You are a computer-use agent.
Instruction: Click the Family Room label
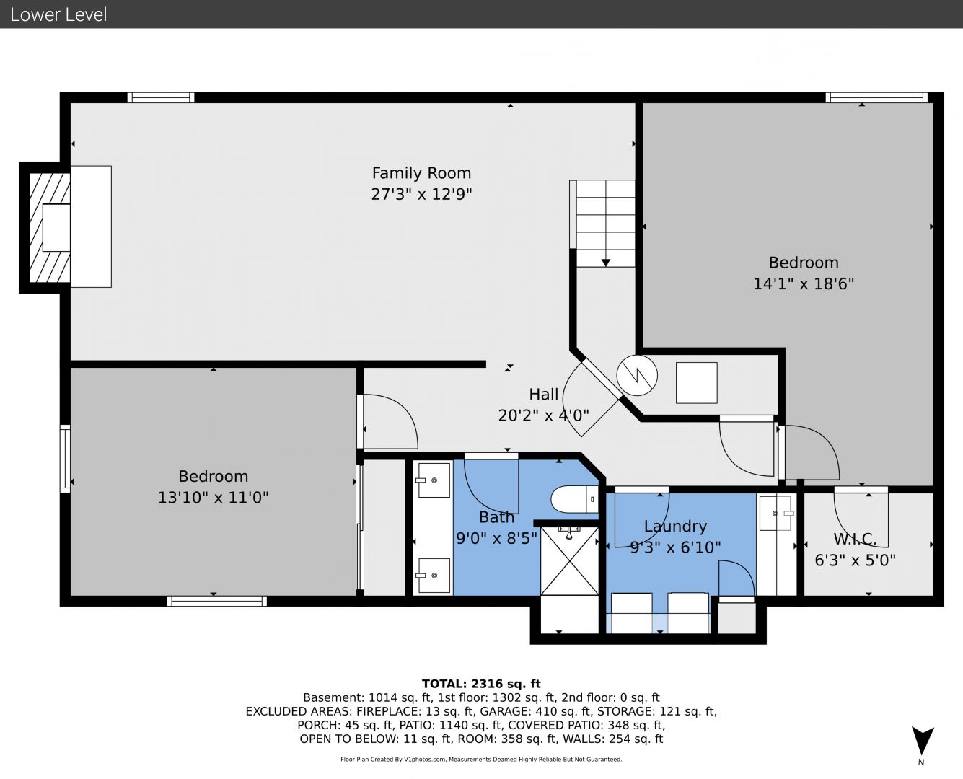(x=421, y=172)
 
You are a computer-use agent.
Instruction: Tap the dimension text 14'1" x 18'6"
(x=804, y=284)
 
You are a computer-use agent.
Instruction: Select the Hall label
(x=543, y=395)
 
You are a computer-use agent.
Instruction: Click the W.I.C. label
(x=855, y=539)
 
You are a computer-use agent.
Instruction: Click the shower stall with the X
(x=570, y=560)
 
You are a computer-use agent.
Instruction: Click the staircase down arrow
(x=606, y=263)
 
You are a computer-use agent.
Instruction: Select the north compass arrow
(x=923, y=741)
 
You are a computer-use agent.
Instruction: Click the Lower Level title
(x=58, y=14)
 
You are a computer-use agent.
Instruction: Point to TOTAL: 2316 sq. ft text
(x=481, y=684)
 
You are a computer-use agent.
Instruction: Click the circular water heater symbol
(x=637, y=375)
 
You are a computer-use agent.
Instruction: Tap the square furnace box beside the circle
(x=696, y=382)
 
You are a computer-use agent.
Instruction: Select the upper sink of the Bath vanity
(x=433, y=480)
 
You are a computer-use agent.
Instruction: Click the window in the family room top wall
(x=160, y=97)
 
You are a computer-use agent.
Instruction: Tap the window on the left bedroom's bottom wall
(x=216, y=601)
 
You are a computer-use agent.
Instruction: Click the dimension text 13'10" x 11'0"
(x=213, y=498)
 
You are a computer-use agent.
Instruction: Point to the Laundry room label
(x=675, y=527)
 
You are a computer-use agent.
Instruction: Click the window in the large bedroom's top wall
(x=876, y=97)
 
